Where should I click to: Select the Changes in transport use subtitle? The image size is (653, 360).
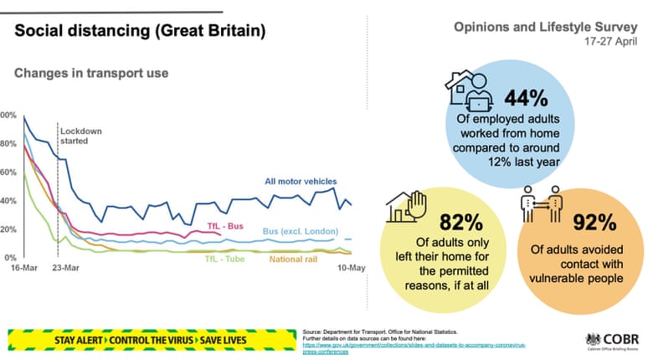coord(91,74)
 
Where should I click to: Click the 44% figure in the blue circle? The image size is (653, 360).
coord(526,99)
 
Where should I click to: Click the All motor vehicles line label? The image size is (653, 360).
coord(301,181)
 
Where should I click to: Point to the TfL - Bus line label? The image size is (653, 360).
coord(225,227)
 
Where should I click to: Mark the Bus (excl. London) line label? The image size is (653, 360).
coord(296,230)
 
